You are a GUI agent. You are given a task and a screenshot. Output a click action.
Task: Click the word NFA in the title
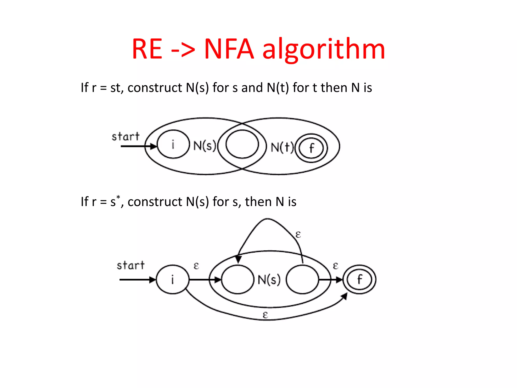click(x=229, y=49)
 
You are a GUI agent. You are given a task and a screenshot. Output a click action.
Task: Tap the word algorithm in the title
click(x=324, y=49)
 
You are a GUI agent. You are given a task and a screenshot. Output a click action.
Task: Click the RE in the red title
click(x=147, y=49)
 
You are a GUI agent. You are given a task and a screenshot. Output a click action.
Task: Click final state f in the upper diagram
click(x=312, y=148)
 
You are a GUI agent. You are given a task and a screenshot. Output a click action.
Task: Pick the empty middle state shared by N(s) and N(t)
click(x=242, y=144)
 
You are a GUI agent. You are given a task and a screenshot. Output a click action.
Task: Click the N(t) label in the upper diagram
click(x=282, y=147)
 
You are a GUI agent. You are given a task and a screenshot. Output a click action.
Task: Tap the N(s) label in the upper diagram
click(x=204, y=146)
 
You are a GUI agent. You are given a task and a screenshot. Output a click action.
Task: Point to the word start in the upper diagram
click(x=125, y=137)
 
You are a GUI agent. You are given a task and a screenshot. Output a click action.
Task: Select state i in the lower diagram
click(x=173, y=279)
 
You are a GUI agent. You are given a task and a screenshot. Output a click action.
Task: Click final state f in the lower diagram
click(x=359, y=279)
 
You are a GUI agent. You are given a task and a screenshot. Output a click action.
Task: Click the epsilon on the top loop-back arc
click(x=298, y=235)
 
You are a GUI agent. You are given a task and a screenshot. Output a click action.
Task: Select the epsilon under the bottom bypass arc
click(x=265, y=315)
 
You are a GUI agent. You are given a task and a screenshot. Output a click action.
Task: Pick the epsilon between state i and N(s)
click(x=196, y=266)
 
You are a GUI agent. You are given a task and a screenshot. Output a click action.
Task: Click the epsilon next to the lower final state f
click(x=335, y=266)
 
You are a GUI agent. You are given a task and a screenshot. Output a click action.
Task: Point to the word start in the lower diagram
click(x=131, y=265)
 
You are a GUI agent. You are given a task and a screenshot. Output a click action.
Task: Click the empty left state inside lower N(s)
click(x=238, y=279)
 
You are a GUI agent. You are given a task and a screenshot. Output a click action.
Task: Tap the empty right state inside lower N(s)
click(x=302, y=279)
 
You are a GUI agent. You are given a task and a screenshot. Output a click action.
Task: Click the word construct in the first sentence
click(x=155, y=88)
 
